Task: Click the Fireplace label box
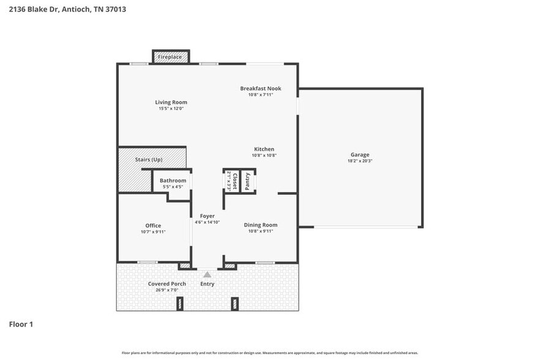[170, 57]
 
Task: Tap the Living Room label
[171, 102]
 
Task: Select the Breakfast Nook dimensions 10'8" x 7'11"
[260, 95]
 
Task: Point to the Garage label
[359, 155]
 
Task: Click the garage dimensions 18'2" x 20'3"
[359, 161]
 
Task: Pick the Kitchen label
[264, 149]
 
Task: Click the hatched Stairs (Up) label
[149, 160]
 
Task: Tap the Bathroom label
[173, 181]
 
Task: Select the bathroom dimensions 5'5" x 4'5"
[173, 187]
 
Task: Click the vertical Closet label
[234, 181]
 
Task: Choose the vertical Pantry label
[247, 181]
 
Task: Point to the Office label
[153, 225]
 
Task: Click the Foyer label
[207, 216]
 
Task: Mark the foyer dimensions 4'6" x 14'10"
[207, 222]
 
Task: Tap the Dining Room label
[260, 225]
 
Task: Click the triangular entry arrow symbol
[207, 275]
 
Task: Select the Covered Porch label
[167, 283]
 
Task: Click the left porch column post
[180, 303]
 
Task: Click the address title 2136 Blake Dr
[34, 10]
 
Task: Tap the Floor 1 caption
[21, 324]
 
